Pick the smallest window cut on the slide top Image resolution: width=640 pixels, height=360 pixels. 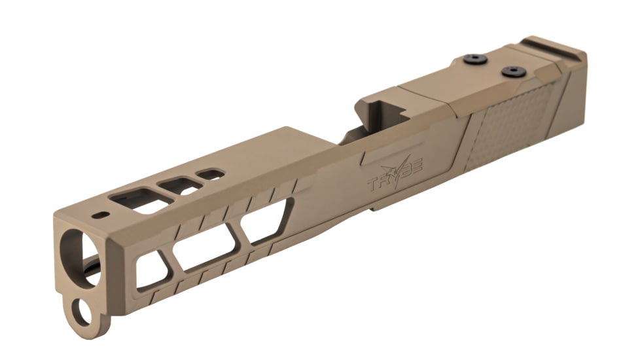pyautogui.click(x=211, y=175)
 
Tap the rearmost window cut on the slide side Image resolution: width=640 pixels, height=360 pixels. pyautogui.click(x=264, y=222)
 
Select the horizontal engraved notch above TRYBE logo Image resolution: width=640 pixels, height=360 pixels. pyautogui.click(x=380, y=156)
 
